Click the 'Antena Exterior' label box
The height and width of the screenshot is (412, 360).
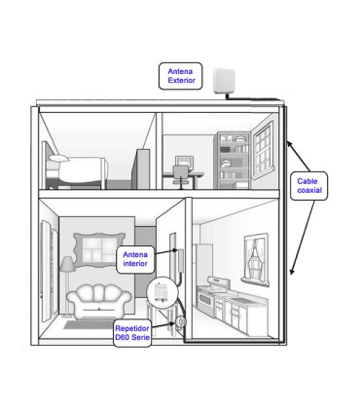pos(181,76)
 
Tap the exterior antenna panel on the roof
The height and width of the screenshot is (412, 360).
pos(224,81)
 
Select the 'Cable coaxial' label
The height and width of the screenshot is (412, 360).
pos(308,186)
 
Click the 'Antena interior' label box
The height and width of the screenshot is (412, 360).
pos(135,259)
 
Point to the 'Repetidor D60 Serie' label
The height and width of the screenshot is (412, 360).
pos(132,333)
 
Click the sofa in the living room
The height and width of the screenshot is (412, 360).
pos(99,301)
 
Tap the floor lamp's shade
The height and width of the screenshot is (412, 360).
pos(68,264)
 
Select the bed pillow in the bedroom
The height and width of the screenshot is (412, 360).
pos(58,158)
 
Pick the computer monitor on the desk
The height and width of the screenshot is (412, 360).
pos(184,163)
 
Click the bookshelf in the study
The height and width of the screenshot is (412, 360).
pos(234,160)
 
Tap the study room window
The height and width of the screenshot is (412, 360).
pos(264,151)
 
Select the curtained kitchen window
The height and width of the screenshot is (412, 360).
pos(256,259)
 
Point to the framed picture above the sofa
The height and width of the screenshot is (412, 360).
pos(99,248)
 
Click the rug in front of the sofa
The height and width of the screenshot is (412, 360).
pos(90,324)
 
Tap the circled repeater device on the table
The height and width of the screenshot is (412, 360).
pos(162,291)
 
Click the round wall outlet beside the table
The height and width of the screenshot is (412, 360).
pos(181,321)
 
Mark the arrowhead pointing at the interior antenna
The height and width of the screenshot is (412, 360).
pos(175,250)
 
